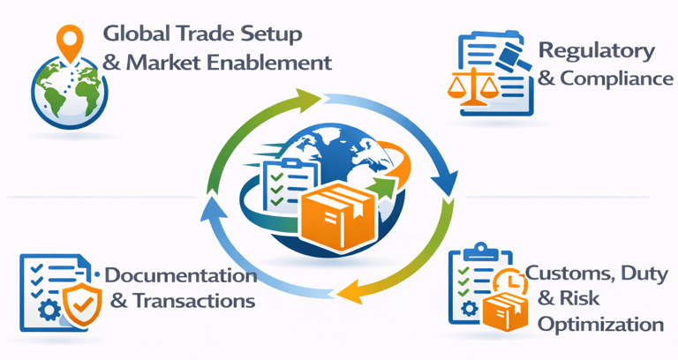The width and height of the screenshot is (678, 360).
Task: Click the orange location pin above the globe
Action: click(67, 39)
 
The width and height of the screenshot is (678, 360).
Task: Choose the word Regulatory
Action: click(597, 50)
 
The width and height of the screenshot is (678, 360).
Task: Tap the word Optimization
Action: click(600, 325)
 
